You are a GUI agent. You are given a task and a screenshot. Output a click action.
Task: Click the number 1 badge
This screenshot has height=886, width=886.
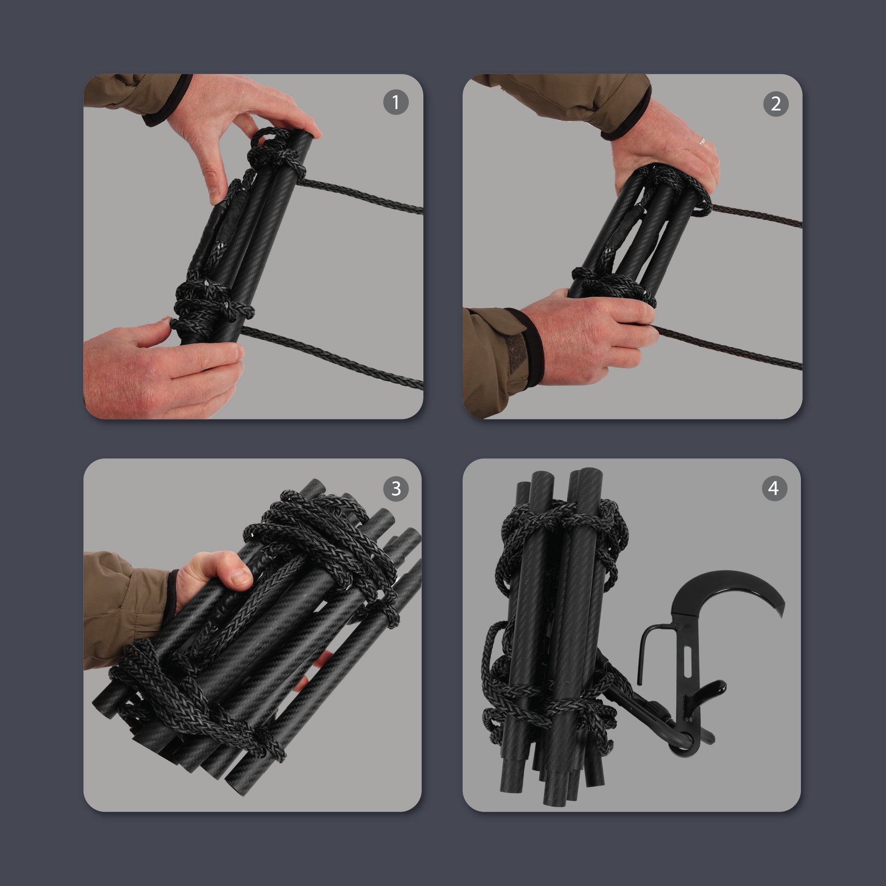tap(396, 102)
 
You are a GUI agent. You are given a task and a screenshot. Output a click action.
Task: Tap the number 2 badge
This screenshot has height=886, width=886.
tap(775, 104)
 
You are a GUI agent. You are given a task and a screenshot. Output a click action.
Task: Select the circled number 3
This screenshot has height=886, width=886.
tap(396, 489)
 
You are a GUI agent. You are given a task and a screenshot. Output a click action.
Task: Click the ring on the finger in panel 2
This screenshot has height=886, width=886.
tap(703, 141)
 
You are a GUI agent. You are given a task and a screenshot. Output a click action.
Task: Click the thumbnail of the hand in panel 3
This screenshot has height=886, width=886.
tap(242, 576)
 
